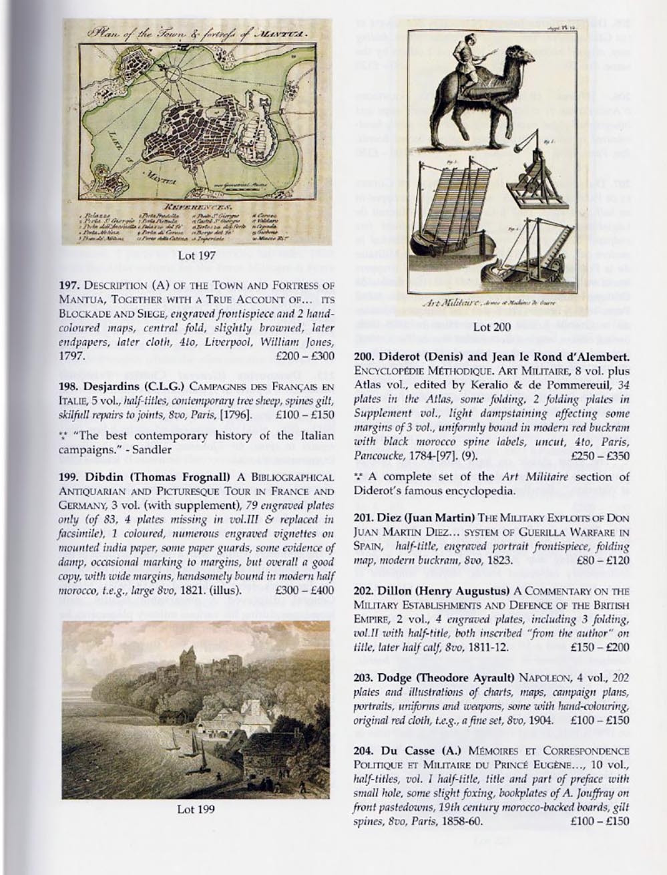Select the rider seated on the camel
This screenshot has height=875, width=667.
click(462, 57)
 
